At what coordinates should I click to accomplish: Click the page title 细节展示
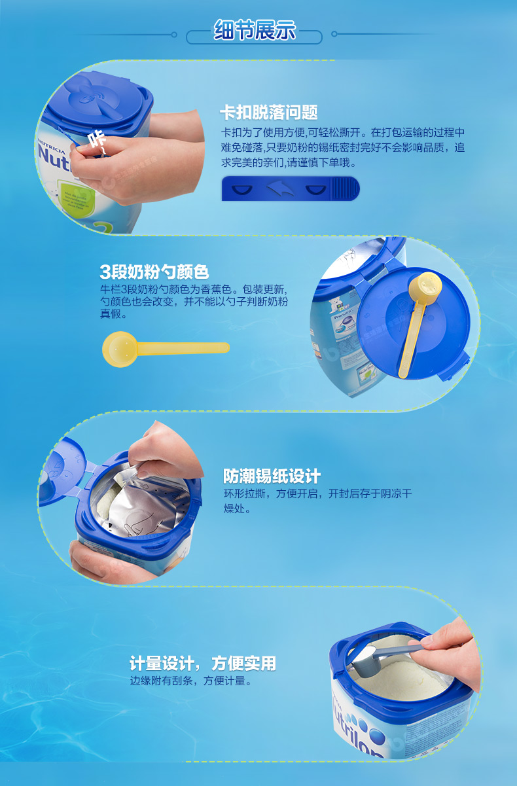(255, 30)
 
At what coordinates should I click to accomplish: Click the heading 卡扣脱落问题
(269, 113)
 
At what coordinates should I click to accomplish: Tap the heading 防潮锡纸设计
(272, 476)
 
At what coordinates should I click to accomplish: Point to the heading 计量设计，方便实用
(203, 663)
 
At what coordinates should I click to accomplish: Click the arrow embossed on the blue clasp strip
(279, 188)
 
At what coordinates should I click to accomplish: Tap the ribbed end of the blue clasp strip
(346, 188)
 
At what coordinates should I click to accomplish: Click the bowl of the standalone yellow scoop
(119, 349)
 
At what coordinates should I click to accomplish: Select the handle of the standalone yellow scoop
(183, 348)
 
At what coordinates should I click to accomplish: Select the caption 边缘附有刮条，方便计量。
(191, 681)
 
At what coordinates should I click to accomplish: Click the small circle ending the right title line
(334, 34)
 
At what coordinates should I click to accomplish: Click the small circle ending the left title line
(174, 35)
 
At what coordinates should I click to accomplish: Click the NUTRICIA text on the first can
(51, 147)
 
